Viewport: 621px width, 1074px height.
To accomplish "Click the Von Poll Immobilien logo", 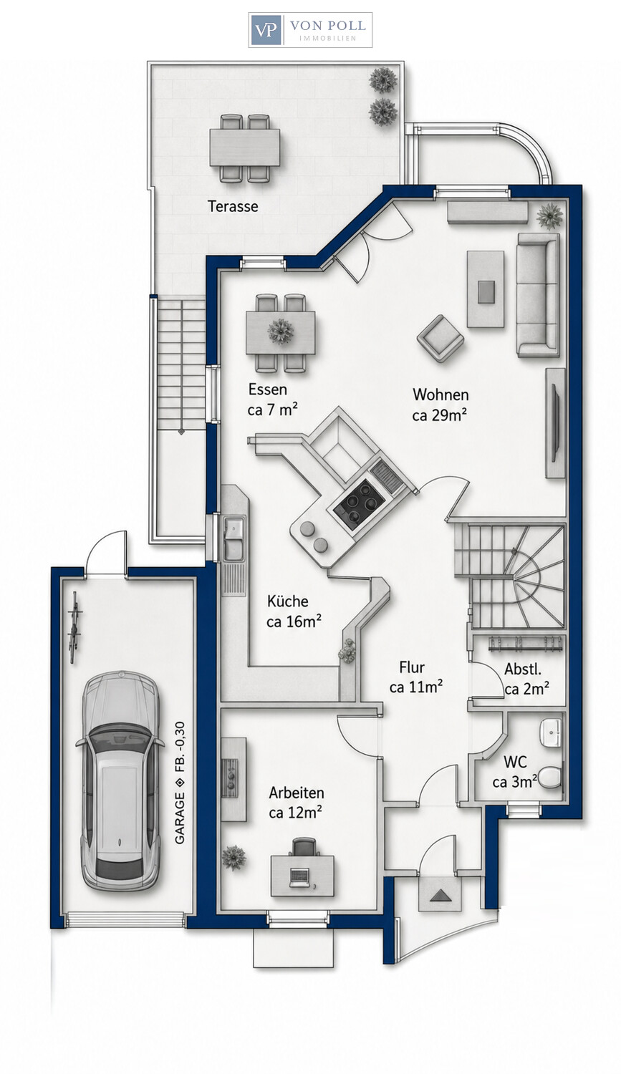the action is (x=310, y=30).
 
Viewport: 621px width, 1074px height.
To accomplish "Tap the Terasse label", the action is (x=233, y=206).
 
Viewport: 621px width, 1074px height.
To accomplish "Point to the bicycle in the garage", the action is (x=74, y=627).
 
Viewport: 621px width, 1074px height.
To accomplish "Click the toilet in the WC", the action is (x=549, y=776).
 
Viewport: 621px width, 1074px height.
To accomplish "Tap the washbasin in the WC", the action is (x=551, y=732).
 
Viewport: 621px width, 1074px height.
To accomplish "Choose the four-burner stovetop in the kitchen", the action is (x=359, y=503).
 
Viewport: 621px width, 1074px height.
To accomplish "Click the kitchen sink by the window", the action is (x=234, y=538).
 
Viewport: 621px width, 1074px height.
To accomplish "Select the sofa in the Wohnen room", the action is (x=538, y=295).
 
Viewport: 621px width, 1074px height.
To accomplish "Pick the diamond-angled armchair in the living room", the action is (x=441, y=339).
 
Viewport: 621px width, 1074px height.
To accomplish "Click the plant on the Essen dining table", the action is (x=281, y=332).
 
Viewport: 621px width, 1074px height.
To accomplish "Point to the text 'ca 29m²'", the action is (x=440, y=415).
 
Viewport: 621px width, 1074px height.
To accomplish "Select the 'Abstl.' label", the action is (x=523, y=669).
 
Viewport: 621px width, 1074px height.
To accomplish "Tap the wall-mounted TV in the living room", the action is (x=556, y=423).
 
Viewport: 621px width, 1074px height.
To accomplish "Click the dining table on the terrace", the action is (x=244, y=147).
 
